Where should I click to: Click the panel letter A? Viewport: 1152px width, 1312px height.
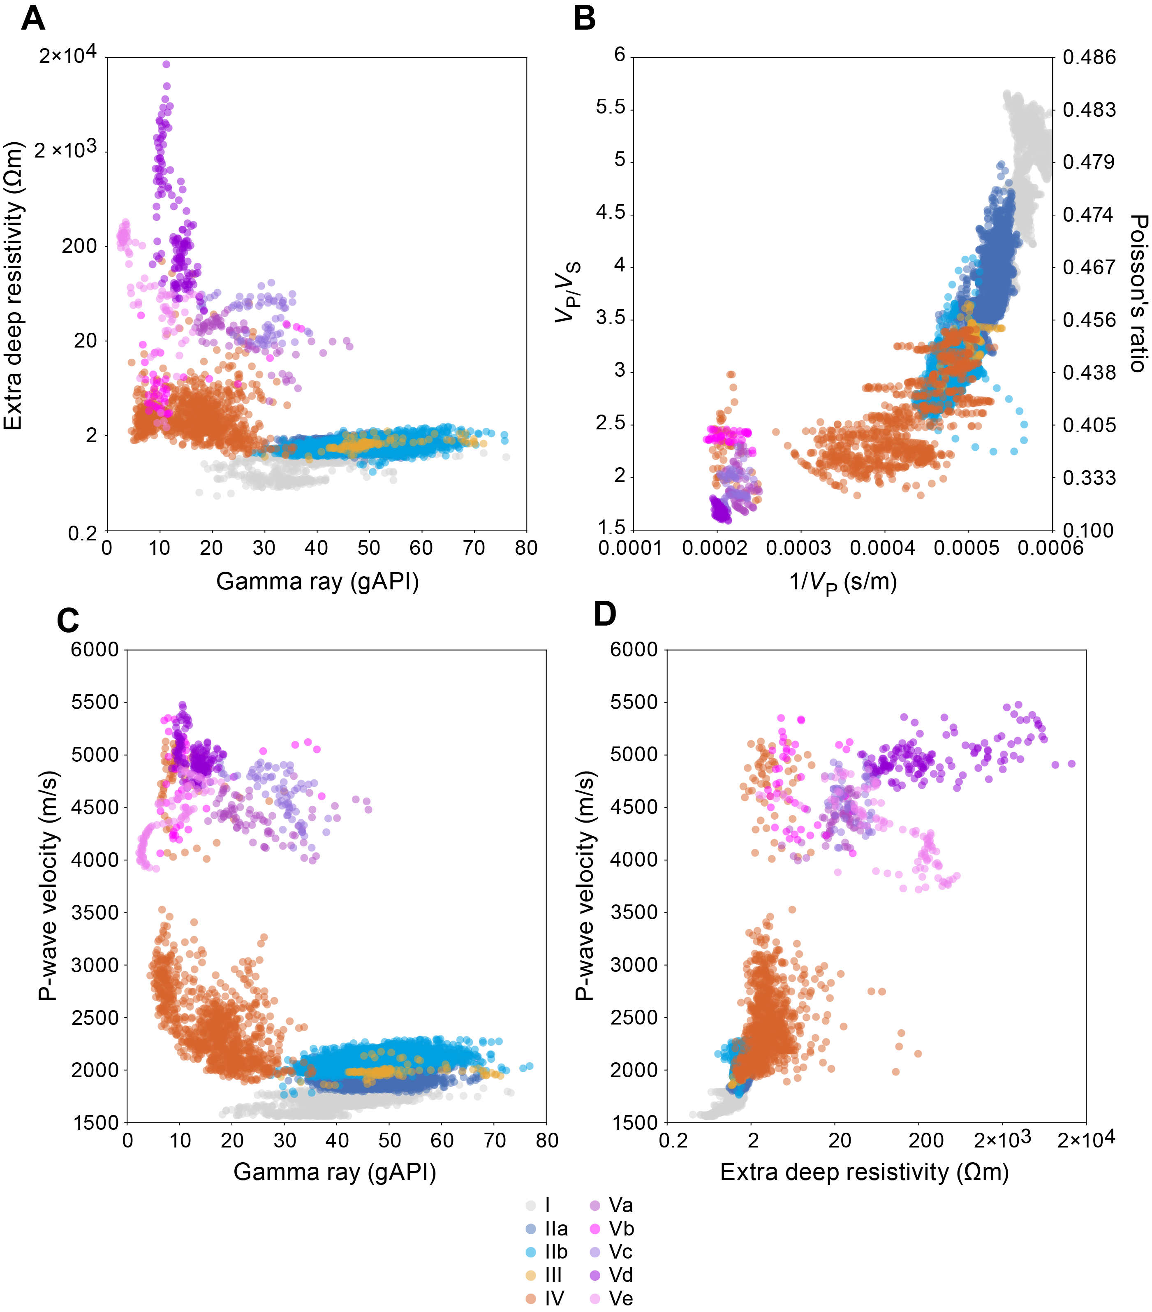(33, 18)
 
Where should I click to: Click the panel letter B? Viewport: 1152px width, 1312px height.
(584, 18)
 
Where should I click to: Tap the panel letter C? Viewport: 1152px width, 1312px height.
(68, 621)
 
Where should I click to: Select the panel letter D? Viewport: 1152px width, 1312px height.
(604, 614)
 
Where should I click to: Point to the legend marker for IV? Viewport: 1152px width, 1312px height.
(531, 1298)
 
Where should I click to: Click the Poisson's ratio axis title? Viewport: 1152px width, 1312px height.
(1138, 293)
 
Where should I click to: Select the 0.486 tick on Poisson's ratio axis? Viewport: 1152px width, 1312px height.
(1089, 58)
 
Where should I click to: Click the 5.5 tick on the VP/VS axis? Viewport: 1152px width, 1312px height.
(610, 107)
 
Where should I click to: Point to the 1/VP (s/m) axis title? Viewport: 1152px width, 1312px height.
(843, 582)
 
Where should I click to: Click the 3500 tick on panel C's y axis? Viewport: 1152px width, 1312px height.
(95, 913)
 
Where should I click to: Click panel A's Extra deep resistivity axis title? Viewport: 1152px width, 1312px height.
(14, 285)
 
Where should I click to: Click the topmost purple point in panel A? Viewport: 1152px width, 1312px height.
(166, 64)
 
